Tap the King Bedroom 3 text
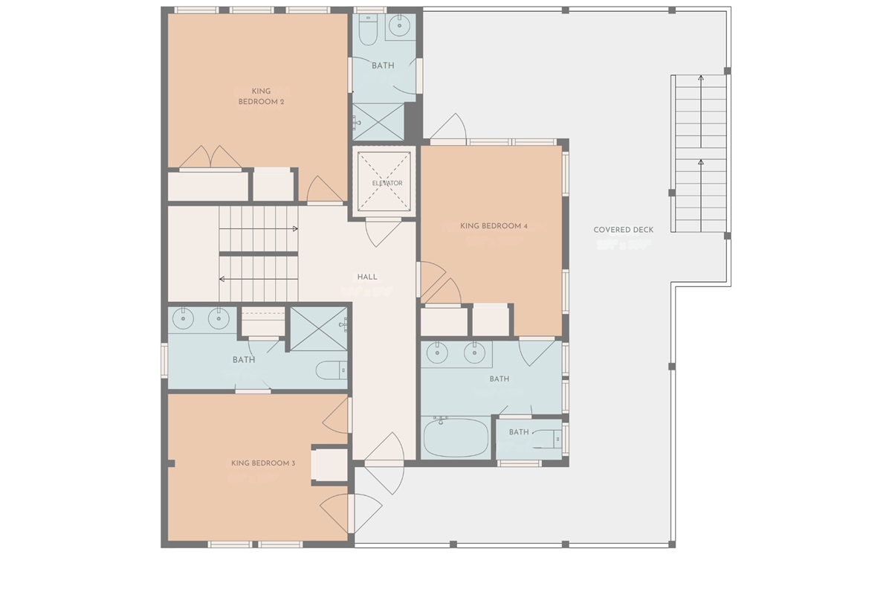pos(263,463)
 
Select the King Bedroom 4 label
pos(494,225)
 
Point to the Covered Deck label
pos(623,230)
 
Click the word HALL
pos(367,277)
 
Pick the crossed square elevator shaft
pos(384,181)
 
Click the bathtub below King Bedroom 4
pos(456,437)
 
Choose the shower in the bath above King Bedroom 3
pos(318,328)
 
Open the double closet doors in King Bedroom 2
pos(210,158)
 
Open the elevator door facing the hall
pos(384,233)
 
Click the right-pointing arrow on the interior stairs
pos(295,228)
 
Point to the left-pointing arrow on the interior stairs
pos(222,279)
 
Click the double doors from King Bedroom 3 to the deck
pos(351,512)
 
